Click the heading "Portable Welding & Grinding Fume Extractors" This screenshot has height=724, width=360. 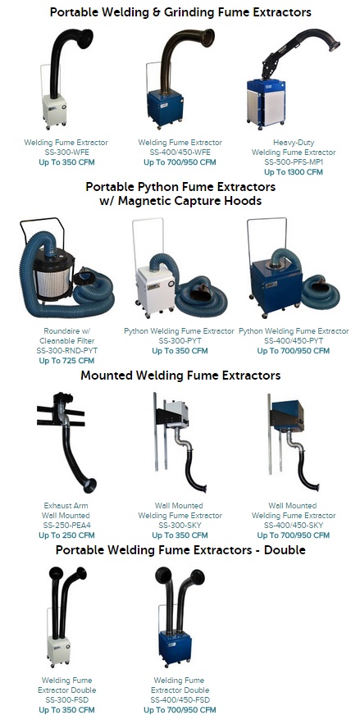(x=180, y=12)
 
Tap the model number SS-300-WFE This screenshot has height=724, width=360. (x=66, y=153)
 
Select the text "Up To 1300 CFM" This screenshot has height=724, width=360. (x=294, y=172)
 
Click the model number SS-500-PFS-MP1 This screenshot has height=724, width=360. (x=294, y=162)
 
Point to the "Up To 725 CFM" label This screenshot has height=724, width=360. (x=66, y=361)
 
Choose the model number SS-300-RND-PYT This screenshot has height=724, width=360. (x=67, y=351)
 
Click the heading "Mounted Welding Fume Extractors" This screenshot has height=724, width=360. (x=180, y=376)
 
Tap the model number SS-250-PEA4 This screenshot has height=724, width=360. (x=66, y=526)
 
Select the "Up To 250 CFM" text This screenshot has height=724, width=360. (x=66, y=535)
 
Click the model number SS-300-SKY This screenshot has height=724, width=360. (x=180, y=526)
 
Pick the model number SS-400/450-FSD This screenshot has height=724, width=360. (x=180, y=700)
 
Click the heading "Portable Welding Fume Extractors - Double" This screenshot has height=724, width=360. (x=180, y=550)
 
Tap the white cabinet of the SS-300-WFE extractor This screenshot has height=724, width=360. (x=54, y=110)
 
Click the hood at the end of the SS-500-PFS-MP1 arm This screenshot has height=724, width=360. (x=334, y=46)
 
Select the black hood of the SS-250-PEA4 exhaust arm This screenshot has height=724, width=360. (x=89, y=485)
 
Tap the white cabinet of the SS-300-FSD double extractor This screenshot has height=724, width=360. (x=58, y=650)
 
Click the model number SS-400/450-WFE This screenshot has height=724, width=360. (x=180, y=153)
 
